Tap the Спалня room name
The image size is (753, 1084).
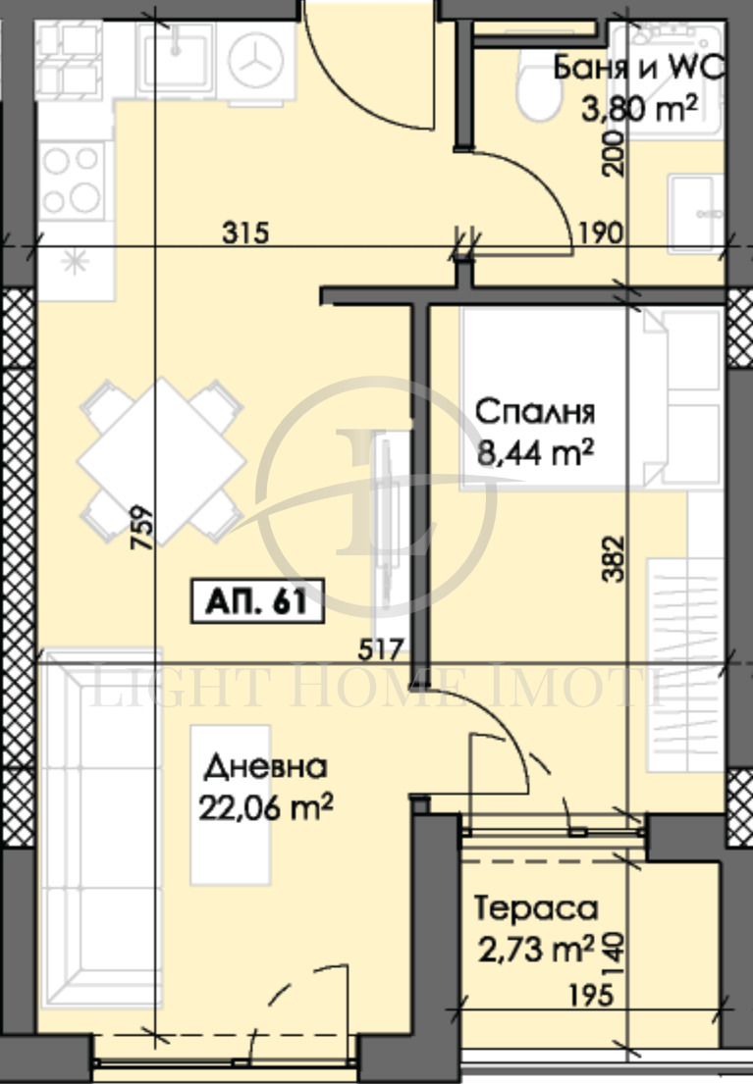[x=535, y=412]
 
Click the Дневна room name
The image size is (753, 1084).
[x=267, y=767]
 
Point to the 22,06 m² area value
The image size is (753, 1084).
[x=267, y=806]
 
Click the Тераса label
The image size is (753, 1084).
[x=536, y=908]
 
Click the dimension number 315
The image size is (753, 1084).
[x=244, y=233]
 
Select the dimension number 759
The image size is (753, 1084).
[x=143, y=527]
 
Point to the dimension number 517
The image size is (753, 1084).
[x=383, y=647]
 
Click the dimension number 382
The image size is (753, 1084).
[x=615, y=560]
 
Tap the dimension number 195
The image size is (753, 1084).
[x=590, y=995]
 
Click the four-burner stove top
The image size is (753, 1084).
[x=72, y=181]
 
